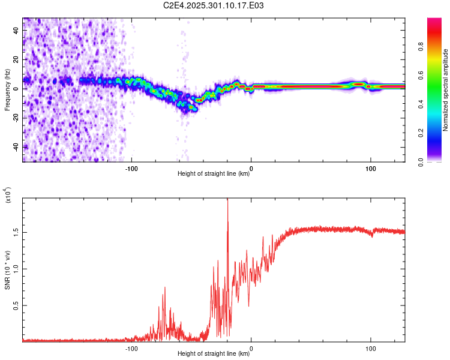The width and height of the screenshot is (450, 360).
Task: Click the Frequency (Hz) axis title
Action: coord(7,89)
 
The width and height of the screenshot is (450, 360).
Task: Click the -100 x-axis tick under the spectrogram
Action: coord(131,168)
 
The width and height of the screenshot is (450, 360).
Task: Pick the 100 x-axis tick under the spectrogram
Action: coord(371,168)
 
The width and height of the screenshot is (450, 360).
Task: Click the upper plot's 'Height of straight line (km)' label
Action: coord(214,174)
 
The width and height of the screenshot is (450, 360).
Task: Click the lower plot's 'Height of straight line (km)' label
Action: coord(214,354)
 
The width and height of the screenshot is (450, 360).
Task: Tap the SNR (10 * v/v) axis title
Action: coord(7,269)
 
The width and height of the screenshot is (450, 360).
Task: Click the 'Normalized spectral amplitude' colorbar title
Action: coord(446,89)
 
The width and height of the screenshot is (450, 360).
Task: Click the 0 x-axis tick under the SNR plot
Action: coord(251,348)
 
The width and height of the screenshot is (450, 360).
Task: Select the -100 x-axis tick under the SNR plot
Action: coord(131,348)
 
